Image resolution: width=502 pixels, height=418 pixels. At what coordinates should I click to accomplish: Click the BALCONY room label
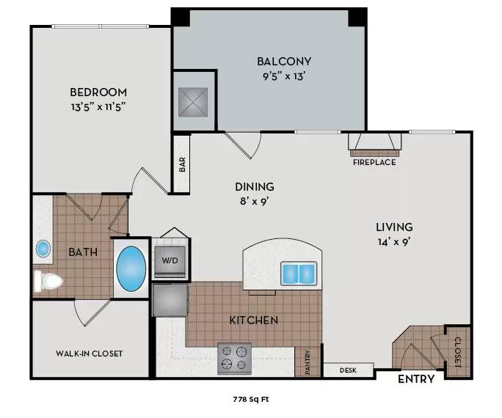pyautogui.click(x=284, y=62)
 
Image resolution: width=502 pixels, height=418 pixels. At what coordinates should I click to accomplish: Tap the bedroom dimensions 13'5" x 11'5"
pyautogui.click(x=98, y=107)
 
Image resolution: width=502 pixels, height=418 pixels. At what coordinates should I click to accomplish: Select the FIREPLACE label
pyautogui.click(x=374, y=162)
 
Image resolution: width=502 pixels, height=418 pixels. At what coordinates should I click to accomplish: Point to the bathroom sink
pyautogui.click(x=43, y=249)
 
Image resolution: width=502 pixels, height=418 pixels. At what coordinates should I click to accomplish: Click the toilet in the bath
pyautogui.click(x=47, y=281)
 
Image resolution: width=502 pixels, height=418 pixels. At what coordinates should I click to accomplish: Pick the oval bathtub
pyautogui.click(x=132, y=269)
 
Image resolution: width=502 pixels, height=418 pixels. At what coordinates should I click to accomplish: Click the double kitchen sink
pyautogui.click(x=299, y=274)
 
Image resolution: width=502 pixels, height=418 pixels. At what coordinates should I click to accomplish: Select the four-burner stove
pyautogui.click(x=235, y=359)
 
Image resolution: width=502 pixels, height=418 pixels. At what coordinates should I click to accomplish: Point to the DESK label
pyautogui.click(x=348, y=370)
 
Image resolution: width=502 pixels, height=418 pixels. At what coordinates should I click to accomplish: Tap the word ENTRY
pyautogui.click(x=416, y=380)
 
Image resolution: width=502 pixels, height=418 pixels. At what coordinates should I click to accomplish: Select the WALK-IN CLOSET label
pyautogui.click(x=90, y=353)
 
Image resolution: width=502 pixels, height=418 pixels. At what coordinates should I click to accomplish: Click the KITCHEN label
pyautogui.click(x=254, y=320)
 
